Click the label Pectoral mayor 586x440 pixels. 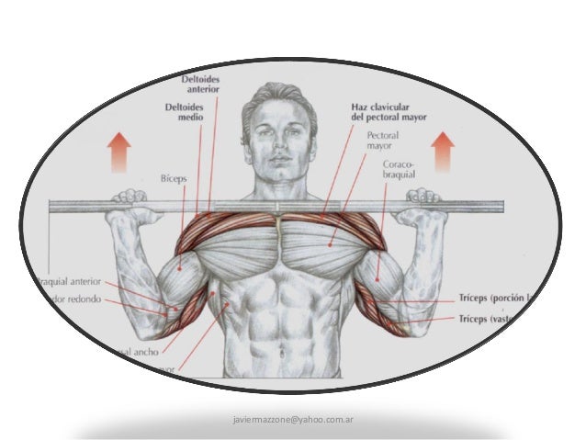(x=381, y=140)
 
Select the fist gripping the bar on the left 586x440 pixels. (x=129, y=204)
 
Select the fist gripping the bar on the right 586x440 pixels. (x=425, y=204)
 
